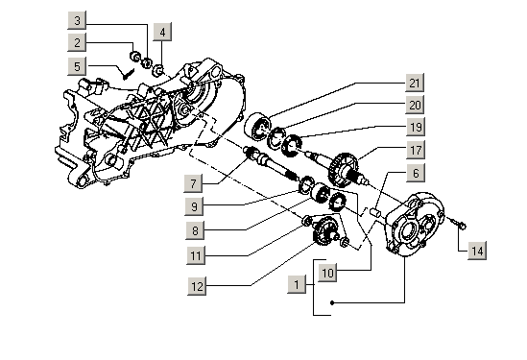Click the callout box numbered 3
point(77,20)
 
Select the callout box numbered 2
point(77,42)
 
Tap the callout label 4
point(162,32)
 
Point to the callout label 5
point(77,66)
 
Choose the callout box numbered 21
point(415,83)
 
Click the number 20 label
point(415,105)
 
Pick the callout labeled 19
point(416,127)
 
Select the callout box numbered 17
point(416,150)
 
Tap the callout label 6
point(416,173)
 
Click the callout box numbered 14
point(477,251)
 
